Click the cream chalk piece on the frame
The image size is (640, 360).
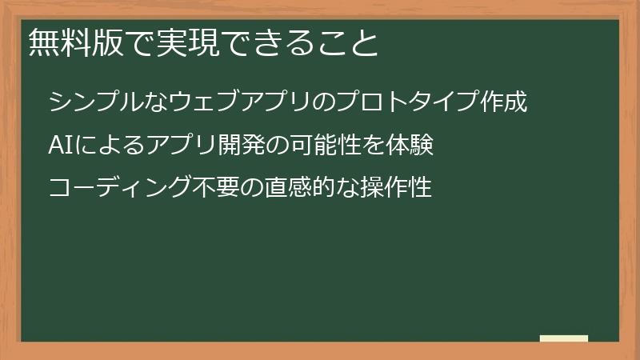coord(564,338)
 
